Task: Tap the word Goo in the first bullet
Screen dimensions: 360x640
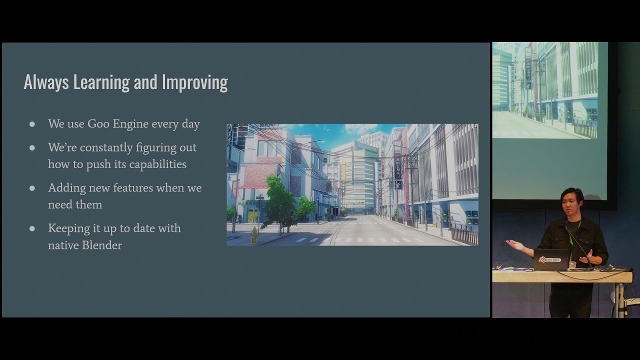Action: coord(98,124)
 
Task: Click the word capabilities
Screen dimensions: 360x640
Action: coord(157,164)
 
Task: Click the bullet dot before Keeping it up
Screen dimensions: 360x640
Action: coord(32,228)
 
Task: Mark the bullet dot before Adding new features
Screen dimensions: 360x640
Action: coord(32,188)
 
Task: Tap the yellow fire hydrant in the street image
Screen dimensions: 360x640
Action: coord(254,235)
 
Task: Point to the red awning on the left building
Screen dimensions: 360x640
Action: coord(252,186)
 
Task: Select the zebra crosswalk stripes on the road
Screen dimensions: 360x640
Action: coord(360,240)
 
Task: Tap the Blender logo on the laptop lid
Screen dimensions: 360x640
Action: coord(549,260)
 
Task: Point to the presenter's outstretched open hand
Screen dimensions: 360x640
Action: coord(515,244)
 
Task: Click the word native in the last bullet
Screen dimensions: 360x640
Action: coord(62,245)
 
